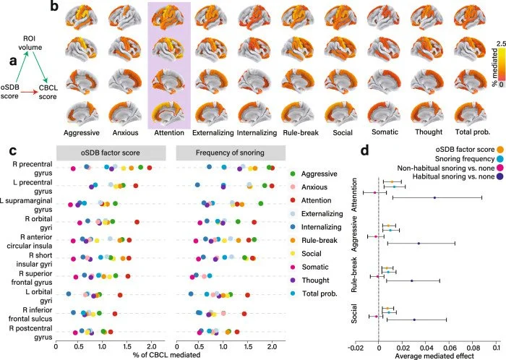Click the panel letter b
tap(54, 9)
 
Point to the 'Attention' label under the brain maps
tap(168, 134)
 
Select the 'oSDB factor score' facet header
tap(112, 155)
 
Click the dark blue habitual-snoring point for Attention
tap(434, 197)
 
